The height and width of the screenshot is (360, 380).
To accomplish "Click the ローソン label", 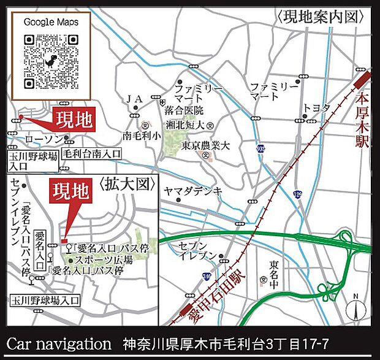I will (41, 140).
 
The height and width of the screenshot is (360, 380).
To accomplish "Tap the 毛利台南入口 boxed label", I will (93, 153).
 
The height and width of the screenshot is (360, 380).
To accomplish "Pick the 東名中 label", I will (274, 272).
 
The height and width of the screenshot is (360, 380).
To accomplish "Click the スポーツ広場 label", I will (95, 259).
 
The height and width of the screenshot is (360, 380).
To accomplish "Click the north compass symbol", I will (355, 309).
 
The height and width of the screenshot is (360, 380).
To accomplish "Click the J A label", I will (134, 98).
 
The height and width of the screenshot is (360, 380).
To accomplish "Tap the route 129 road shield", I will (297, 195).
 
